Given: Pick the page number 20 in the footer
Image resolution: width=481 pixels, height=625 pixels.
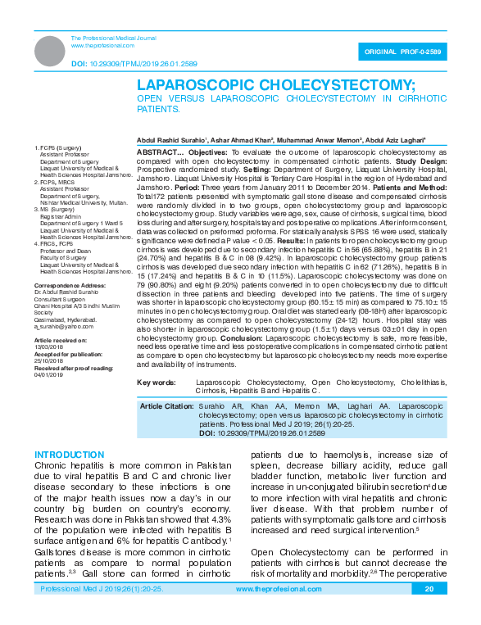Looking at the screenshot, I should (428, 612).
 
